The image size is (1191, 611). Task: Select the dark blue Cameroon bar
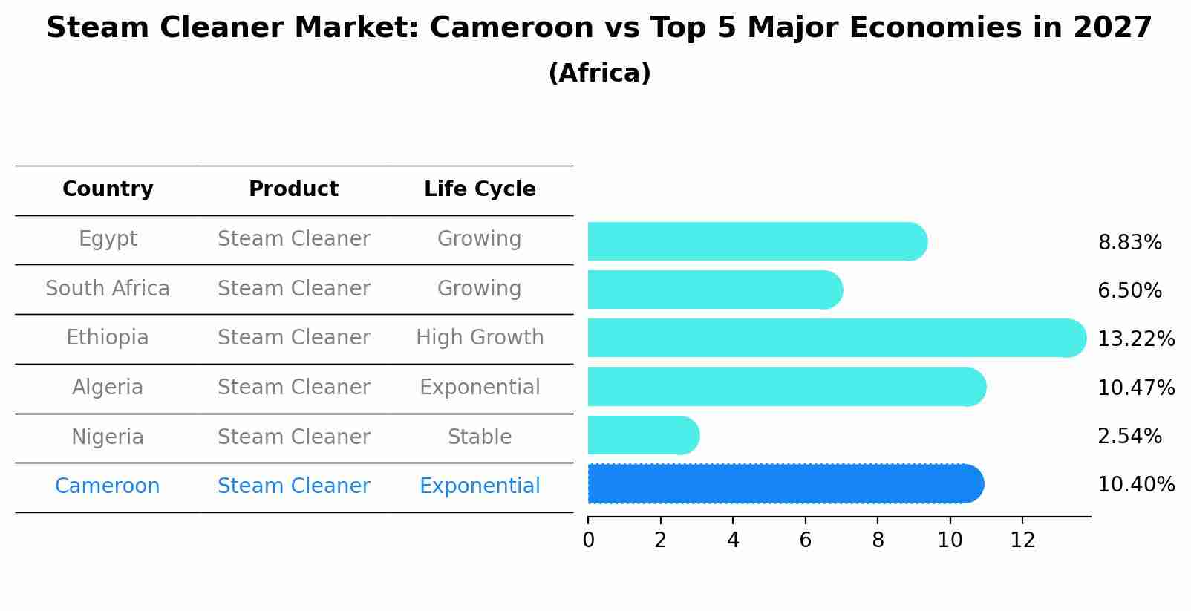(x=785, y=484)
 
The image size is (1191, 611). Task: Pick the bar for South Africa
(x=714, y=290)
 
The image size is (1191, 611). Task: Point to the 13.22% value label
(x=1135, y=339)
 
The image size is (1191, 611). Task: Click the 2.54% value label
(x=1129, y=437)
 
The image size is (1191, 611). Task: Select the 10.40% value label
(x=1135, y=485)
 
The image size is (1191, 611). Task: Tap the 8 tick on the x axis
(x=878, y=540)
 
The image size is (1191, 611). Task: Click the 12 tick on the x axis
(x=1022, y=540)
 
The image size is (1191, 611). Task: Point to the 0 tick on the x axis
(x=588, y=540)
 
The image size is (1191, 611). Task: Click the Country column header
(x=108, y=189)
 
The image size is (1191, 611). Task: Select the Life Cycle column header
(x=480, y=189)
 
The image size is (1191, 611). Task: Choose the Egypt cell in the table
(x=108, y=239)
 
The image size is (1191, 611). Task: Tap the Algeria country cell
(x=108, y=388)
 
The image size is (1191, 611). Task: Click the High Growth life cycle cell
(x=480, y=338)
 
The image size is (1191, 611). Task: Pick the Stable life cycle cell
(x=480, y=437)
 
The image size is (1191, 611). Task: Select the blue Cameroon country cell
(x=108, y=486)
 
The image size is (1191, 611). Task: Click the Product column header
(x=293, y=189)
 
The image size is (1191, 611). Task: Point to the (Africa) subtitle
(x=599, y=73)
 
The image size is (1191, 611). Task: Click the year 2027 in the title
(x=1112, y=28)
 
